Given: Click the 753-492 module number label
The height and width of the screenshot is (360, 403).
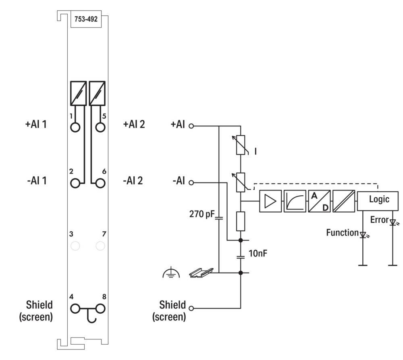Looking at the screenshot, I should click(x=86, y=19).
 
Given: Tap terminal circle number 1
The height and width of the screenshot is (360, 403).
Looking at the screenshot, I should click(x=75, y=127).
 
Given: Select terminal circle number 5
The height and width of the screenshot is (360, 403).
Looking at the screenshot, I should click(x=100, y=127).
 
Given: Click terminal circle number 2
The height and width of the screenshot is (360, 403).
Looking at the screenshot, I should click(x=75, y=183).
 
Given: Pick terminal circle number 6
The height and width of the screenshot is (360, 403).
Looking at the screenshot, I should click(x=100, y=183).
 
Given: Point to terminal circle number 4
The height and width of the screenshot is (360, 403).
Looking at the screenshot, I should click(x=75, y=309).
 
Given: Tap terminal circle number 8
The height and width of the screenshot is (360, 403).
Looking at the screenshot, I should click(x=100, y=309).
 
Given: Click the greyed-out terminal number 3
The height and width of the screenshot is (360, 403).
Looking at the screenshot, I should click(x=75, y=246).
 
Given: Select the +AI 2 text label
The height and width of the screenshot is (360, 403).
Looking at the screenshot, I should click(x=134, y=124).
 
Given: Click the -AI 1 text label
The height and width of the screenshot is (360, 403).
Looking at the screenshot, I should click(x=37, y=180).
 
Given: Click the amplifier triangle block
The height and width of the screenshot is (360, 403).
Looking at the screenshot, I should click(x=270, y=201).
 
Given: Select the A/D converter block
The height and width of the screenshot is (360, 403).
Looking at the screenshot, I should click(x=319, y=201).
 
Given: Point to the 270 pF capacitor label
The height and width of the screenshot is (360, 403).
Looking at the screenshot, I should click(x=202, y=214).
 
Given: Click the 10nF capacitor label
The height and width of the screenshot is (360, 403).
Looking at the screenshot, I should click(x=258, y=253).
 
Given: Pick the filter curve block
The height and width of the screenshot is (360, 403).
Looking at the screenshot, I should click(x=295, y=201).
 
